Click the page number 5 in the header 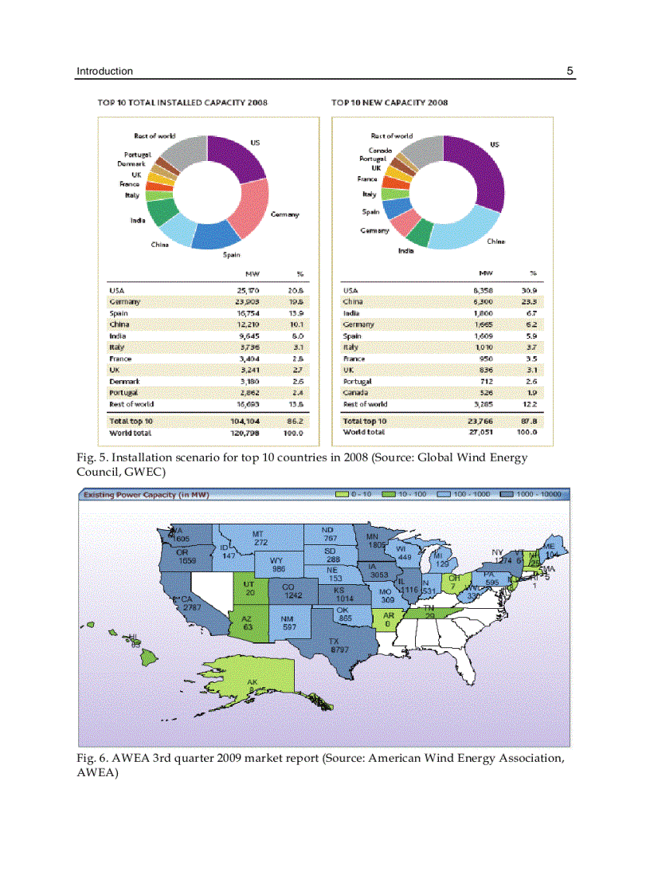pyautogui.click(x=570, y=71)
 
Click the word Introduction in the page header pyautogui.click(x=104, y=71)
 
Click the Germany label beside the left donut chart pyautogui.click(x=284, y=214)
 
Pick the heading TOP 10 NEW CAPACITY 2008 pyautogui.click(x=390, y=102)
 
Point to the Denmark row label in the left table pyautogui.click(x=124, y=381)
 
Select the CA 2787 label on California pyautogui.click(x=190, y=603)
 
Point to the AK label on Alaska pyautogui.click(x=253, y=686)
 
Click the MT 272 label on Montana pyautogui.click(x=260, y=538)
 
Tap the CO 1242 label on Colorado pyautogui.click(x=292, y=591)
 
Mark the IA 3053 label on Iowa pyautogui.click(x=378, y=570)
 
